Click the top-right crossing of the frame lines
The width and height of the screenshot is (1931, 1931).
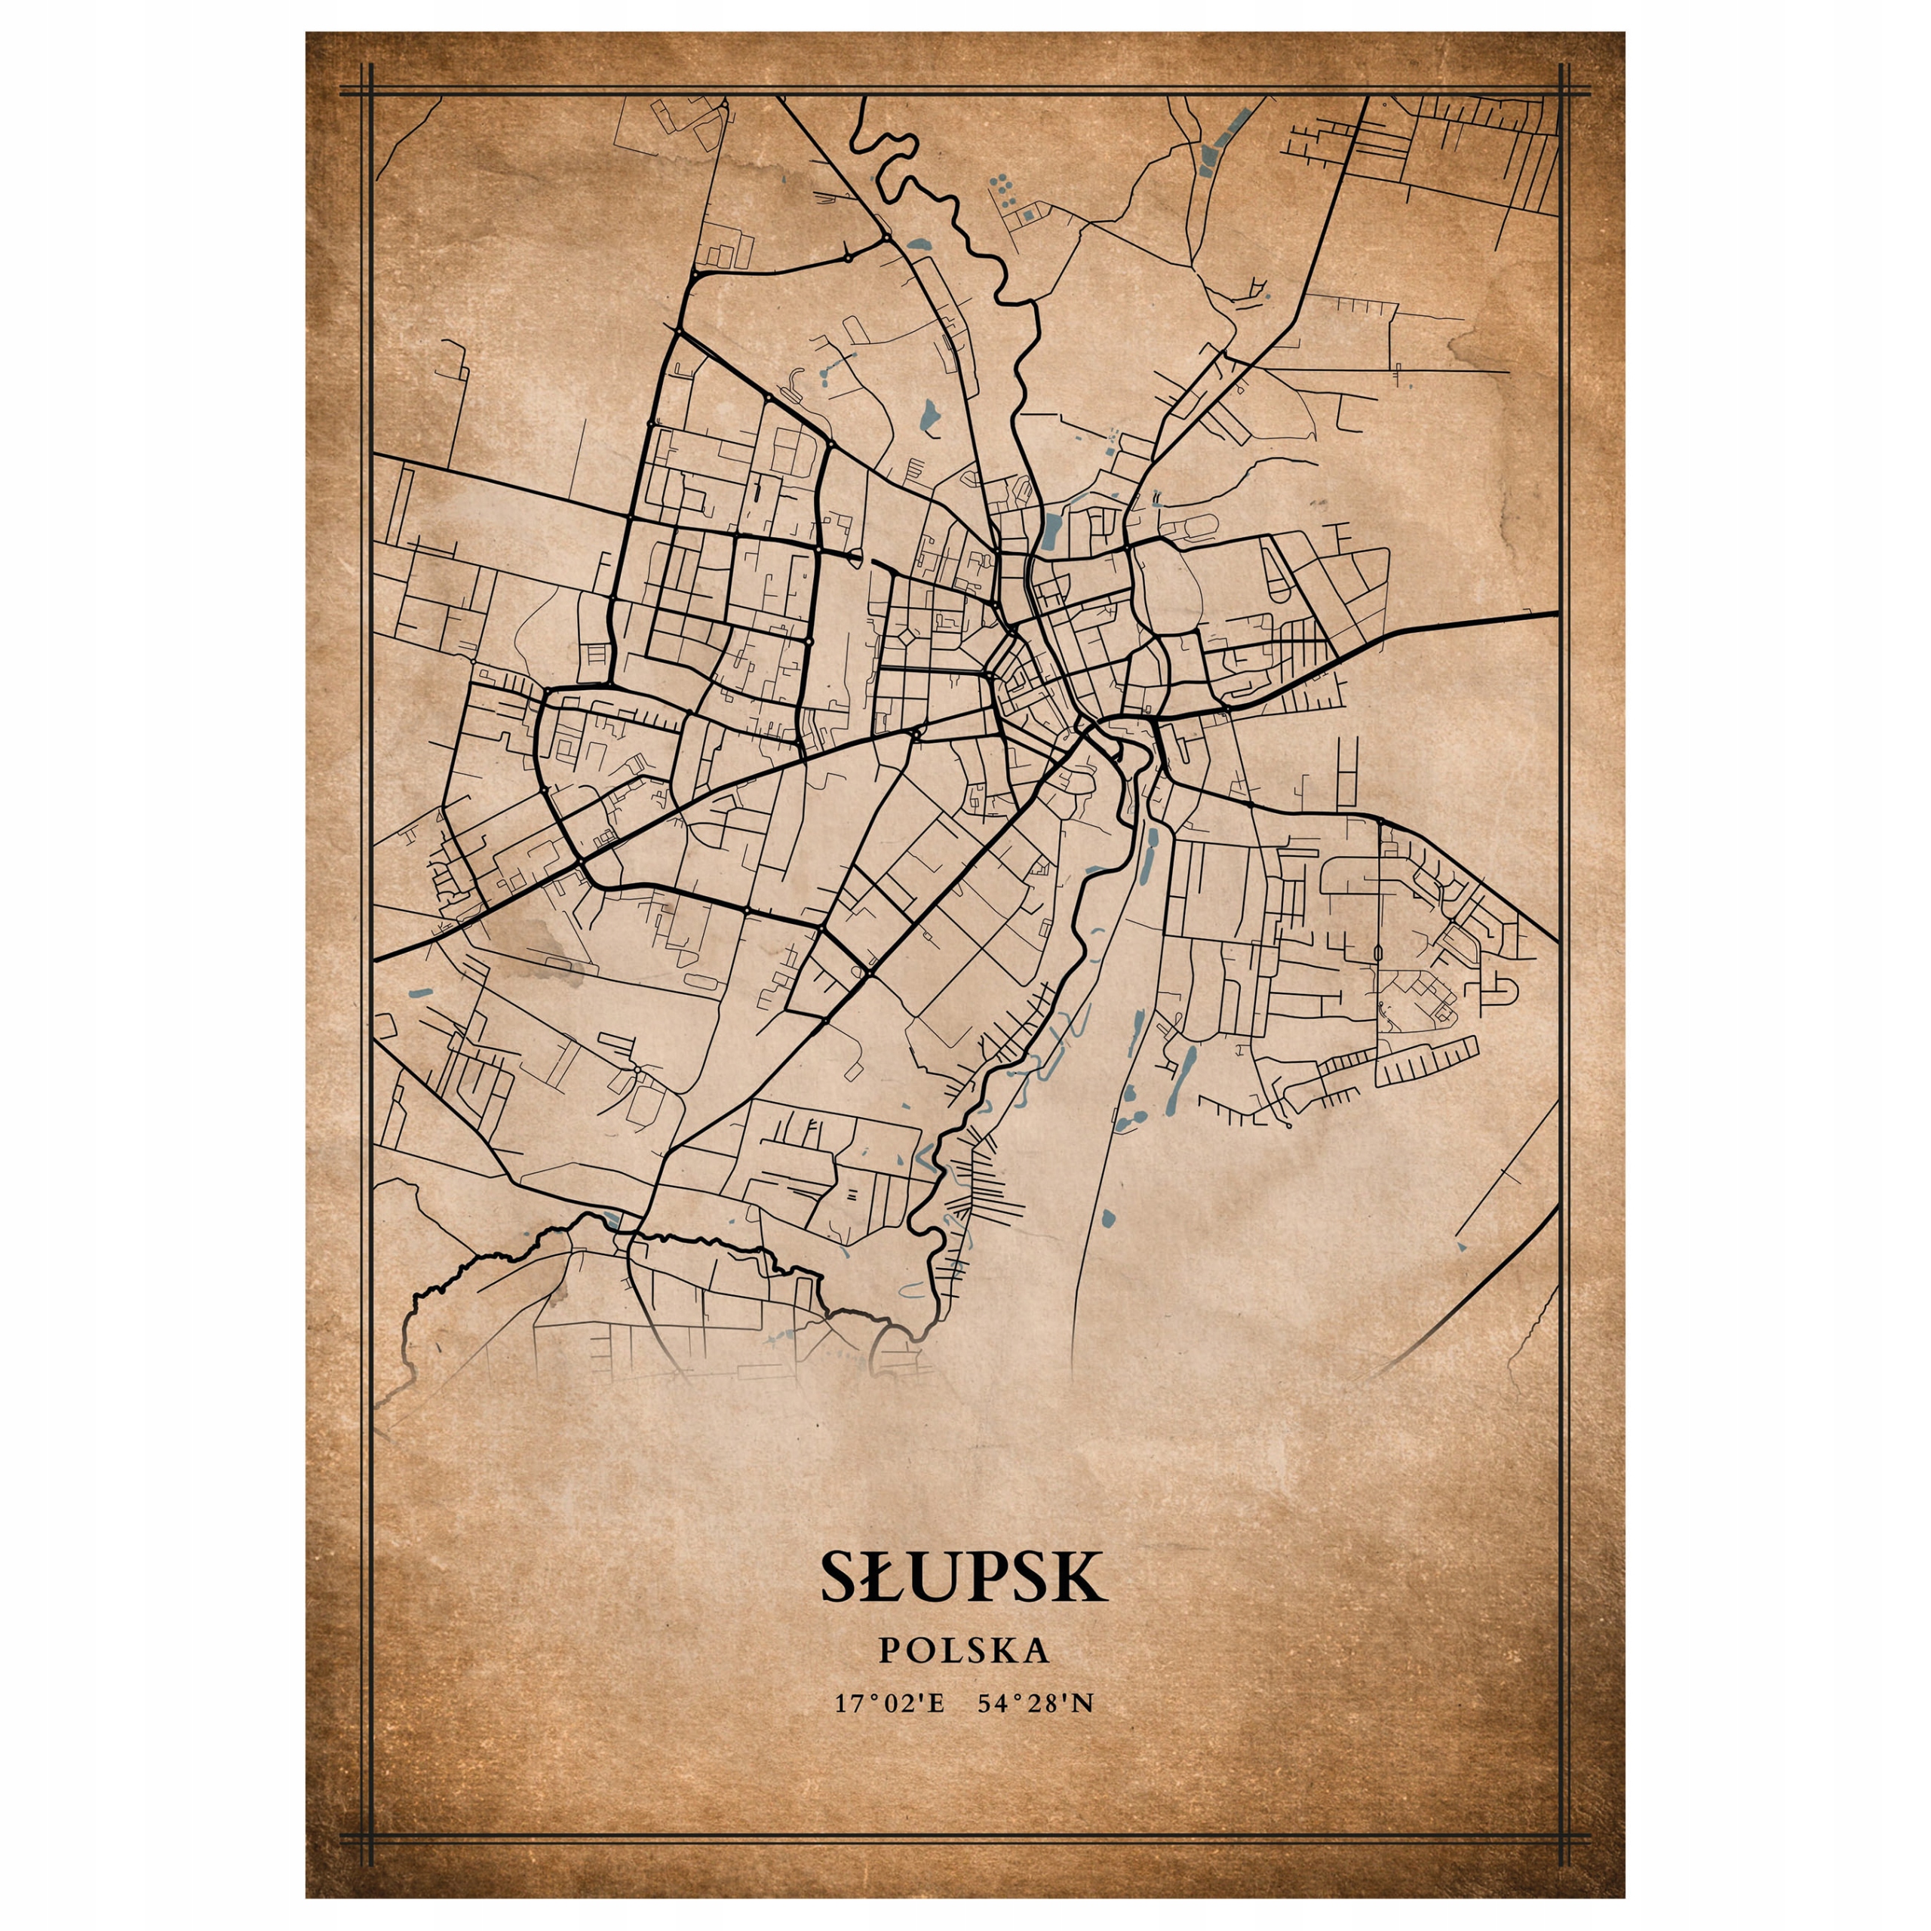(1563, 92)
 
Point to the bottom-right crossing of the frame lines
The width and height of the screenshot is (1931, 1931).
(1563, 1837)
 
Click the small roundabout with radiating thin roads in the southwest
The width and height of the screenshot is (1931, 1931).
(637, 1070)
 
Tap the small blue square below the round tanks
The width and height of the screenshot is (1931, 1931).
(1027, 214)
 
